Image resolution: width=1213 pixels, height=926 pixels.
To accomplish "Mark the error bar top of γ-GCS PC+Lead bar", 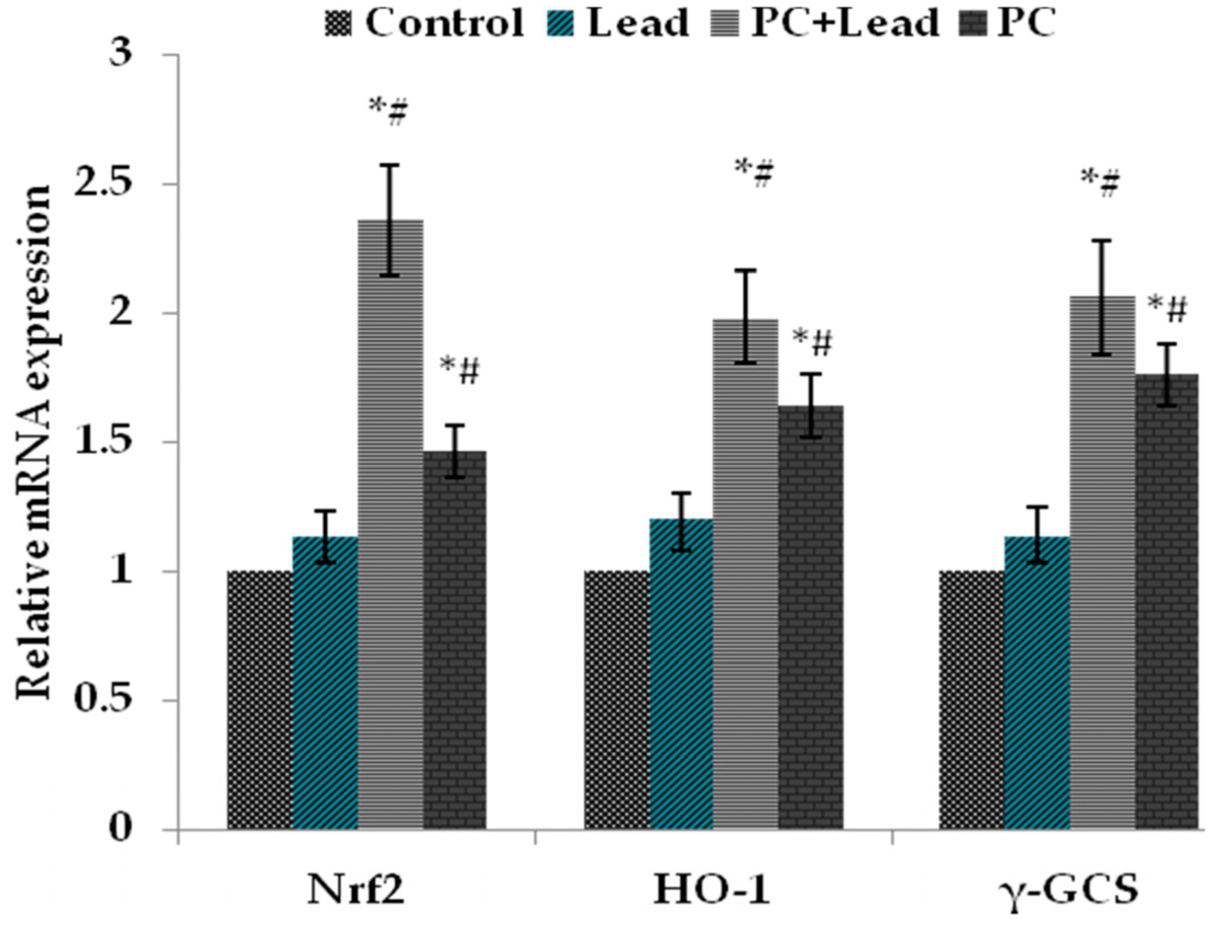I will tap(1102, 240).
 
